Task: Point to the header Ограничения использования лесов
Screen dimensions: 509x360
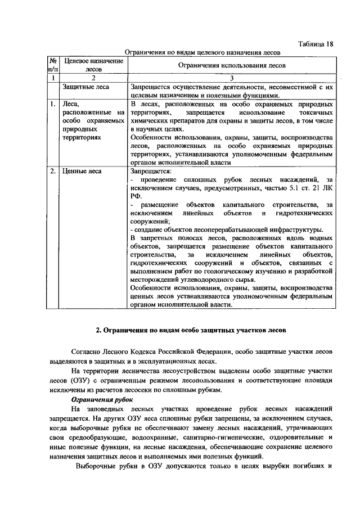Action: coord(231,65)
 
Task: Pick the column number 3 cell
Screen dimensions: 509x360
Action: coord(231,78)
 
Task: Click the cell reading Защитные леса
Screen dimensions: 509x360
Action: coord(86,87)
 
